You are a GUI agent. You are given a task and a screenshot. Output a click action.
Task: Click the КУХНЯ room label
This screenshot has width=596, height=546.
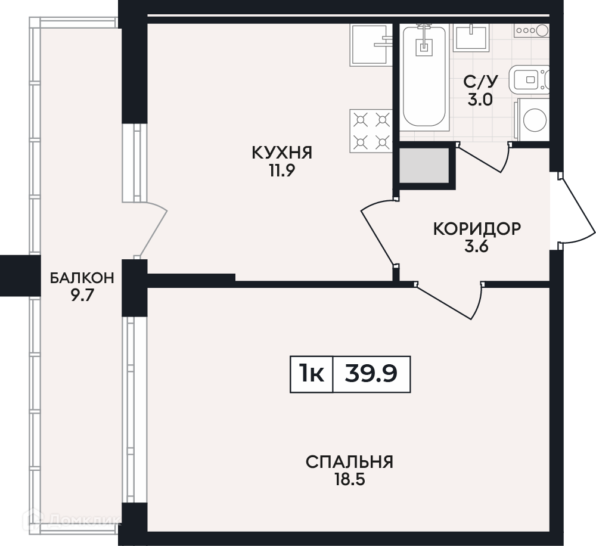point(282,153)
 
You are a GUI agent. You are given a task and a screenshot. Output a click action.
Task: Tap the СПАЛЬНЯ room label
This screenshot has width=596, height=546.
point(349,462)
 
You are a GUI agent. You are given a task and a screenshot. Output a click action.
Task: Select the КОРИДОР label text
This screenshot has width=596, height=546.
point(477,229)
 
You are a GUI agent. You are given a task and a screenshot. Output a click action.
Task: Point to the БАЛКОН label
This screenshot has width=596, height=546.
point(82,278)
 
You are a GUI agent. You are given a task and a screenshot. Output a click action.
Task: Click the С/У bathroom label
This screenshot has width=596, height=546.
point(480,82)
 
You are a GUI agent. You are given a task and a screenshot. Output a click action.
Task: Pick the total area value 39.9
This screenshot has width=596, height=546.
point(371,373)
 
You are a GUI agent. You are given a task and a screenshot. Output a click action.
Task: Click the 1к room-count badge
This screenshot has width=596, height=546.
point(311,373)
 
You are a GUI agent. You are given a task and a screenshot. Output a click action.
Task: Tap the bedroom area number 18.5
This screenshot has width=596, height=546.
point(349,479)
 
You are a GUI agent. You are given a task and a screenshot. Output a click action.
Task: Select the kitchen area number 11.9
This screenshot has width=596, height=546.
point(282,170)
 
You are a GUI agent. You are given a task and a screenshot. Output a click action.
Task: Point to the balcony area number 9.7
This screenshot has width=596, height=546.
point(82,295)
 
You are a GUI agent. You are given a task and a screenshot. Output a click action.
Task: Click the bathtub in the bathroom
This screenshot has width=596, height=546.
point(424,76)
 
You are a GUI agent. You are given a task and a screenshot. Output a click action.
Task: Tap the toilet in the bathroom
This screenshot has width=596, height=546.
point(529,80)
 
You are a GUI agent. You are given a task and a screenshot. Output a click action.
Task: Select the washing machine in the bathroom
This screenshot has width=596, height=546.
point(532,119)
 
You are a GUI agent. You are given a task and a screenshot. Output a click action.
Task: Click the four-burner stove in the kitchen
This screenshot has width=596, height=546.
point(371,131)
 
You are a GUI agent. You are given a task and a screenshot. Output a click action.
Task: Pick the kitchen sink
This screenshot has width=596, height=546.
point(371,45)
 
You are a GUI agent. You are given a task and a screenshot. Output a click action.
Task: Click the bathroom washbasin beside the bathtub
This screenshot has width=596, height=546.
point(471,38)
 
